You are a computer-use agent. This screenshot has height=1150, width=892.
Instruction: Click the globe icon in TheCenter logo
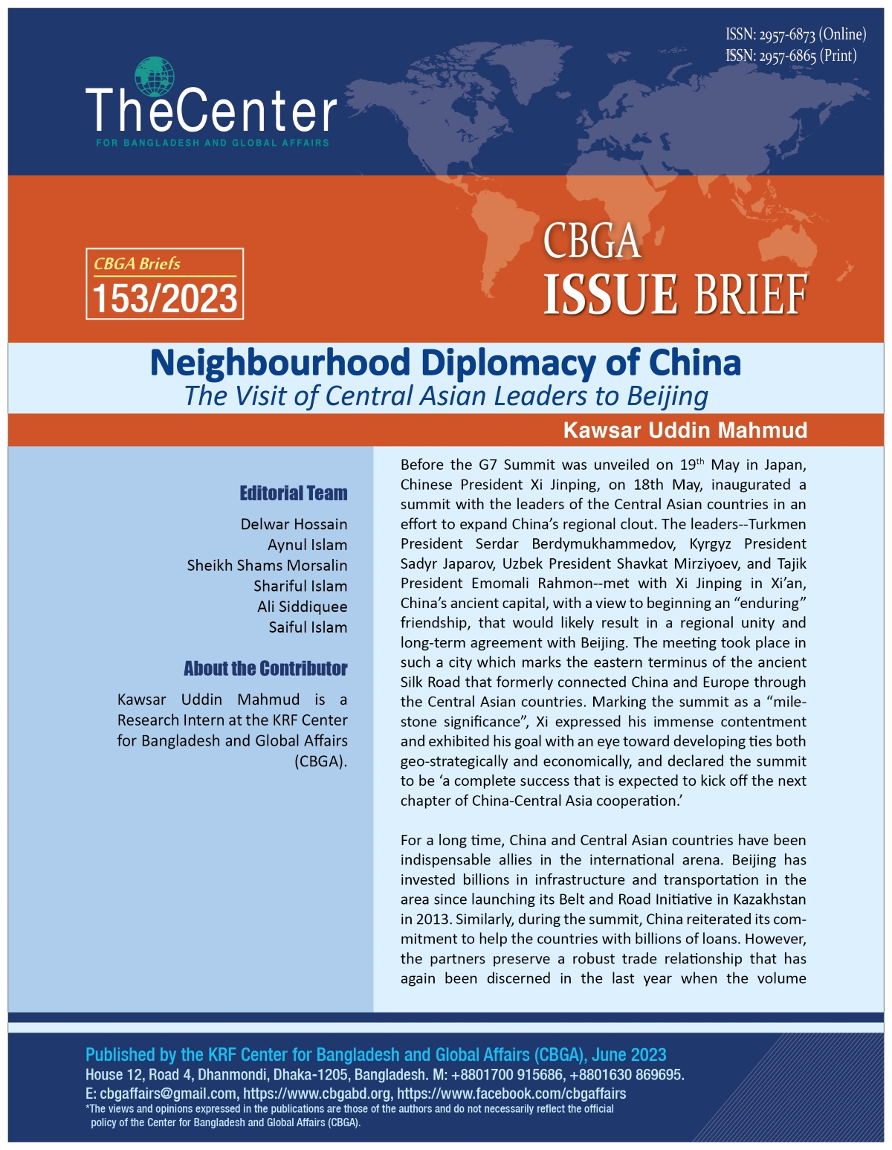click(155, 77)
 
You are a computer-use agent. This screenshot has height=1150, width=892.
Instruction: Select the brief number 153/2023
click(165, 299)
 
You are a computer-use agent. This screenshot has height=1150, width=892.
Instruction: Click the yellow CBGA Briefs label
click(137, 264)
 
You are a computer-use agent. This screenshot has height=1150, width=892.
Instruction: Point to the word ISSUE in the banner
click(610, 294)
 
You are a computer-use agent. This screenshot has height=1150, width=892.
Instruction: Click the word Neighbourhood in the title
click(280, 363)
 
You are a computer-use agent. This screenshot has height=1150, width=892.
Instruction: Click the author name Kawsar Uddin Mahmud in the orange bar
click(685, 430)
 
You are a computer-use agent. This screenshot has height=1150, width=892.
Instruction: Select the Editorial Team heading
click(293, 494)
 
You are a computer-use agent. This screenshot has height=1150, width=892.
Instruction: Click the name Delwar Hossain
click(294, 524)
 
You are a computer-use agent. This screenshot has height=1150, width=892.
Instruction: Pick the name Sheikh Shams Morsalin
click(267, 565)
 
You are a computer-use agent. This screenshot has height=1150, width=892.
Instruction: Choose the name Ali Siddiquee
click(302, 607)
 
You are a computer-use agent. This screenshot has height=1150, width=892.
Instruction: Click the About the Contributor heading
click(265, 668)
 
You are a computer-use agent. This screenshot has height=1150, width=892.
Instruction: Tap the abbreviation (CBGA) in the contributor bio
click(320, 761)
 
